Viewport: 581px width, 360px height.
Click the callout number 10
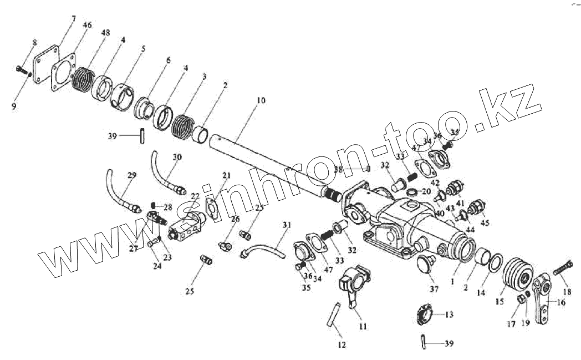point(261,101)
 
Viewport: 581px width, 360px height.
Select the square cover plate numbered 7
point(43,65)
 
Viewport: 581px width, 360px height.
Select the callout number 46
point(87,26)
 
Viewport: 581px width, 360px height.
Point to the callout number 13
point(449,315)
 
